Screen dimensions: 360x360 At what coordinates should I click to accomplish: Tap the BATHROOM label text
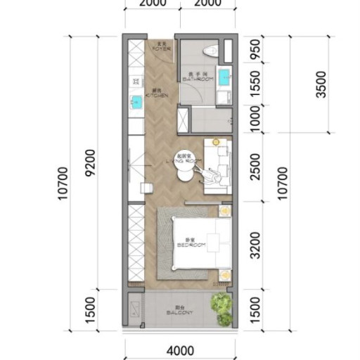click(195, 78)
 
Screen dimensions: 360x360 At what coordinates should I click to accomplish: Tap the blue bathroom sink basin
click(224, 75)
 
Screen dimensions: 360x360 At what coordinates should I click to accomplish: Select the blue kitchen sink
click(135, 103)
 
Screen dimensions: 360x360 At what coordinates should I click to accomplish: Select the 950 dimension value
click(256, 51)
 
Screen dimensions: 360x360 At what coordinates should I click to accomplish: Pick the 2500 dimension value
click(256, 169)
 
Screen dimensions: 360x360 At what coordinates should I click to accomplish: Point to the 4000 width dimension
click(181, 350)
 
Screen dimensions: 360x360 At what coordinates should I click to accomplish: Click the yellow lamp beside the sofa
click(218, 142)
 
